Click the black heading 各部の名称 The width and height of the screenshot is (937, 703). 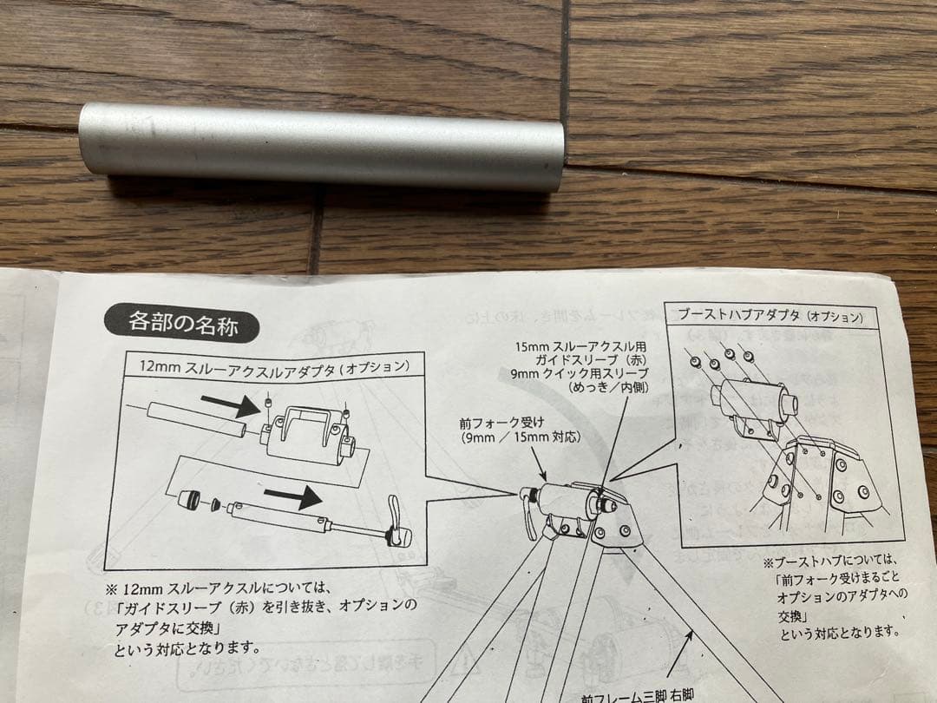point(182,324)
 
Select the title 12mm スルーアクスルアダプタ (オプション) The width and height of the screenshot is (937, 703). point(274,366)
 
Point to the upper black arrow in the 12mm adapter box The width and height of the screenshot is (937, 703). point(229,403)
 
